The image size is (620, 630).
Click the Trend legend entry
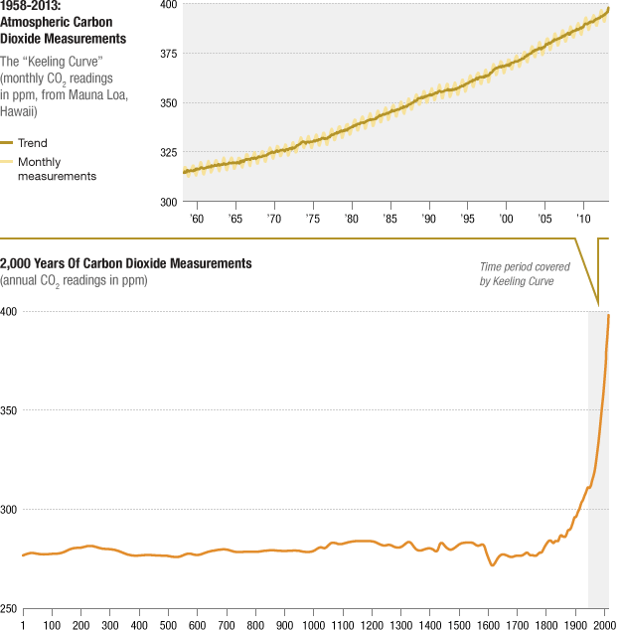click(x=32, y=143)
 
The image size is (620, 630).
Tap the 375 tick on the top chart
click(x=168, y=54)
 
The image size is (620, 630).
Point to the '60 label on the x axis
click(x=196, y=218)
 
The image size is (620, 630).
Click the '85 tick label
click(x=390, y=218)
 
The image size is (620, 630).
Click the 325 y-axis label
click(x=168, y=152)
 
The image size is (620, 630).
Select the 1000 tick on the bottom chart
click(x=314, y=625)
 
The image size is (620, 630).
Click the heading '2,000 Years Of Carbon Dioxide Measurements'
click(x=126, y=263)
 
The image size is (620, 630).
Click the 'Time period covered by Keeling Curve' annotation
click(x=517, y=274)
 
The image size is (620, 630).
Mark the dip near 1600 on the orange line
click(x=493, y=565)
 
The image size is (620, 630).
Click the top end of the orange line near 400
click(x=608, y=315)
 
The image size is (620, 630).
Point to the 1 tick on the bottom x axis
click(x=22, y=625)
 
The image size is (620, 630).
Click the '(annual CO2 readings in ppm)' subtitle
click(x=75, y=280)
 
